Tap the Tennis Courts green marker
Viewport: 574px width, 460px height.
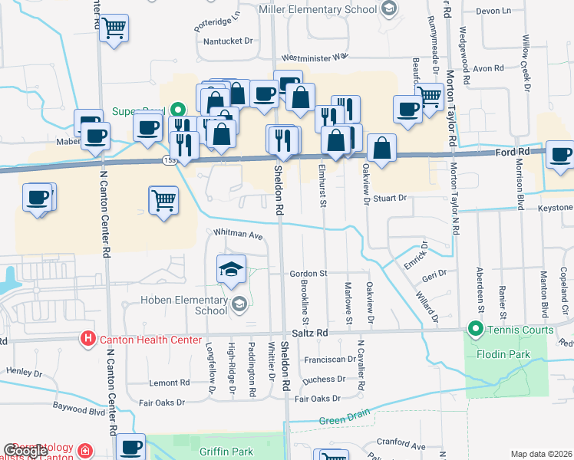click(476, 330)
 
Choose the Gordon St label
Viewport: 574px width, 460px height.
click(308, 273)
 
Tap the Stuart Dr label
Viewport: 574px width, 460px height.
click(390, 198)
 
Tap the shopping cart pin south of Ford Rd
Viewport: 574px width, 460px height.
click(163, 201)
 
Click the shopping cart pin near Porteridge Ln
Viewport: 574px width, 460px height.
click(114, 29)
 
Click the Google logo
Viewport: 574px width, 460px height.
click(25, 450)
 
